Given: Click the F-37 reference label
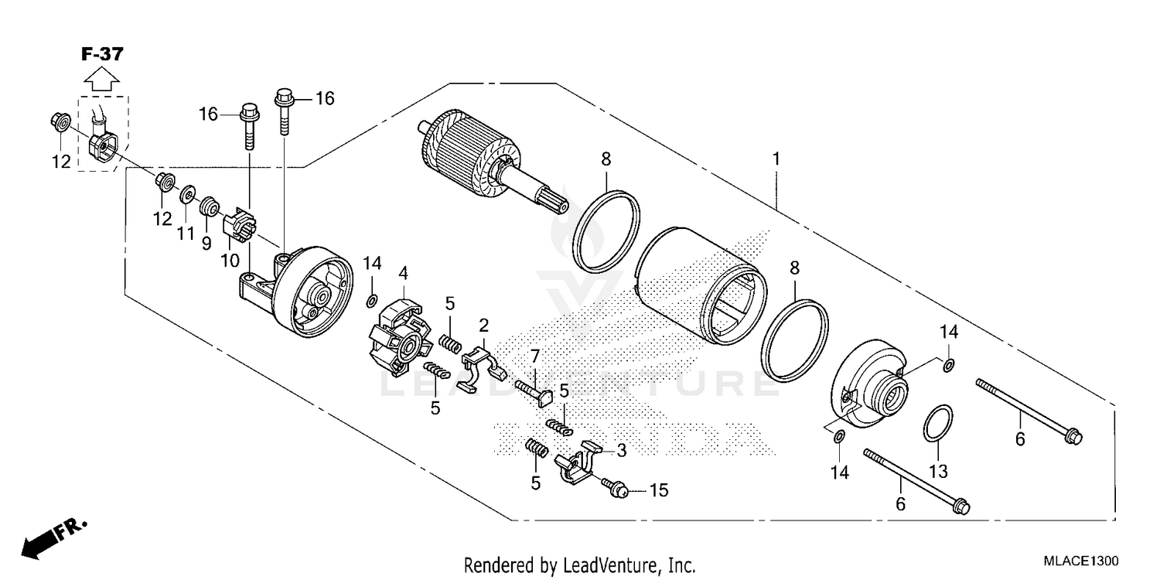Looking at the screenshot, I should pos(102,54).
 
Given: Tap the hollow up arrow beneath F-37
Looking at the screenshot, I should pos(102,79).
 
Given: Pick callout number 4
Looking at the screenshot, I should pos(403,272).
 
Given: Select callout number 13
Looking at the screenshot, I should pos(937,471).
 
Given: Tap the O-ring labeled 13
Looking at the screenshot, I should pos(937,424).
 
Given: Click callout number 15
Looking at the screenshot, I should pos(658,490).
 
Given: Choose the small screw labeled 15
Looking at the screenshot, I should pos(616,486).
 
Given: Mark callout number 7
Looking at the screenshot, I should pos(534,357).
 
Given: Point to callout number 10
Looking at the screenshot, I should pos(230,261).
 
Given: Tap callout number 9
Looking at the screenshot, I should pos(206,244).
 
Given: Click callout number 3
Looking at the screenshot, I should pos(620,449).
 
